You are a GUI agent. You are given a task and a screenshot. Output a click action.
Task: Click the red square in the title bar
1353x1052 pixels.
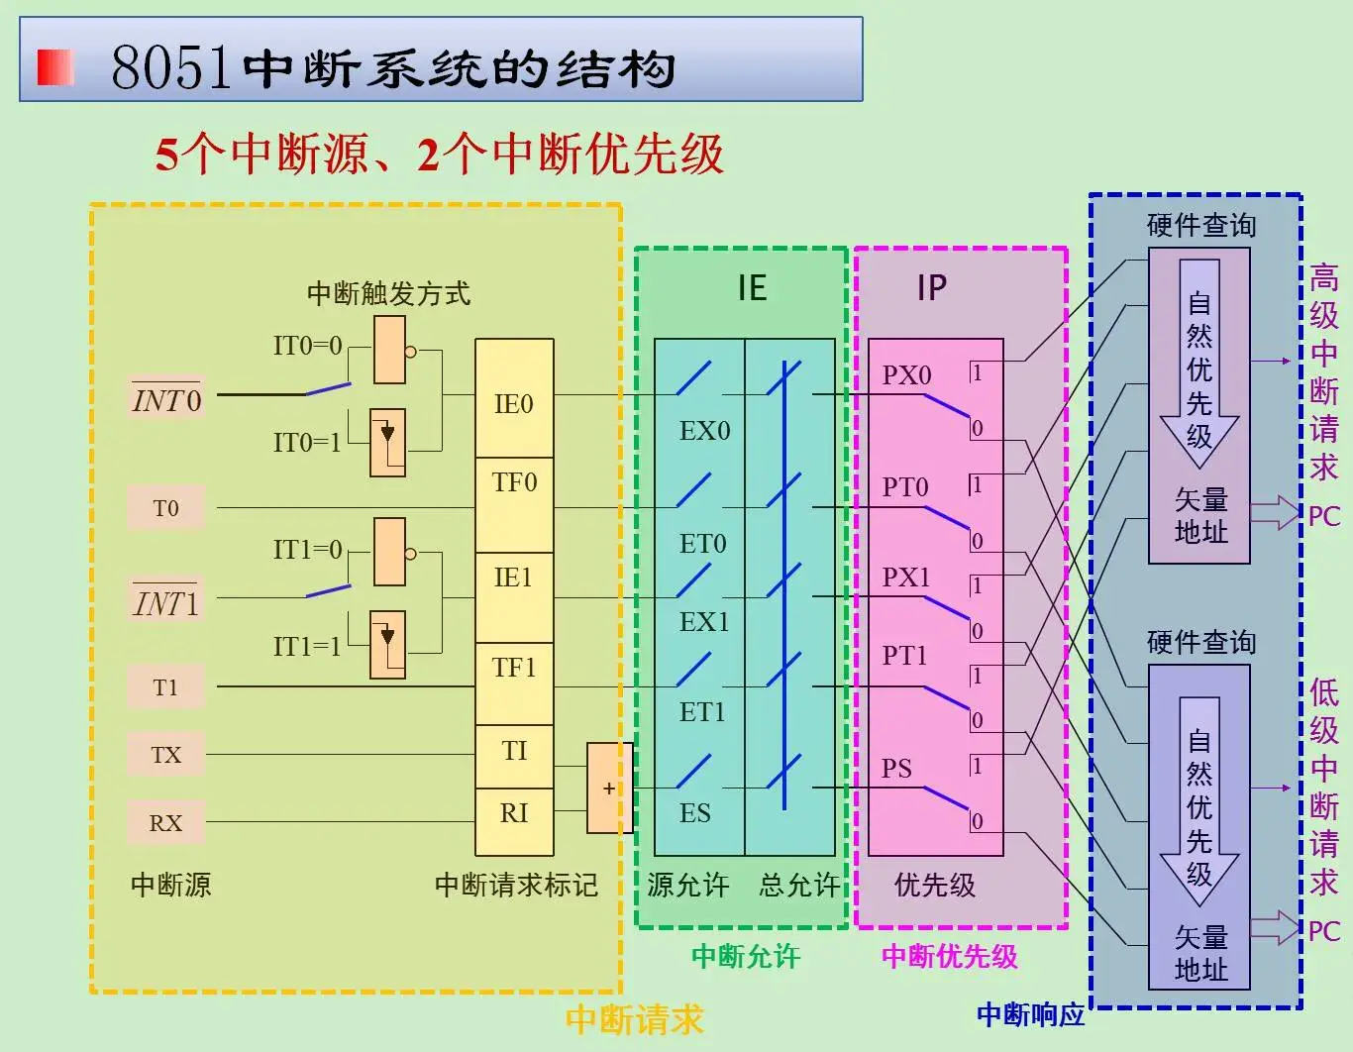point(55,67)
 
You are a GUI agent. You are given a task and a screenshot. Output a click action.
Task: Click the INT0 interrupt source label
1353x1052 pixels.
point(166,398)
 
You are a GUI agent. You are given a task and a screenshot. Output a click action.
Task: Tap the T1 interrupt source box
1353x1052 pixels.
point(165,687)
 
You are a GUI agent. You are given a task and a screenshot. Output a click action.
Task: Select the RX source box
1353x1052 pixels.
point(165,823)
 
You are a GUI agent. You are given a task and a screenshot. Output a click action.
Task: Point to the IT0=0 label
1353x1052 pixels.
point(308,346)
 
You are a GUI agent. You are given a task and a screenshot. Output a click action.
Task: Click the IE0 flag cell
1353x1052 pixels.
point(514,398)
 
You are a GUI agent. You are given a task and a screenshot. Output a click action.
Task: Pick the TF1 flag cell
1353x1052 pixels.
point(514,684)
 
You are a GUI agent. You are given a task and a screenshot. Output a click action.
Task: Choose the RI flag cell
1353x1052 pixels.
point(514,821)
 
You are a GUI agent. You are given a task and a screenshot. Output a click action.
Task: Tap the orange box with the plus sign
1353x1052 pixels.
point(609,788)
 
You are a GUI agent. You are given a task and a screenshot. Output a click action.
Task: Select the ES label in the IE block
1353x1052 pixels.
point(695,813)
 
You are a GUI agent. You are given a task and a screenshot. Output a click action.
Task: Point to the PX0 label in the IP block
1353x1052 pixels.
point(906,374)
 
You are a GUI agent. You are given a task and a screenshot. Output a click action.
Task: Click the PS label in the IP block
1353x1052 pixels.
point(896,768)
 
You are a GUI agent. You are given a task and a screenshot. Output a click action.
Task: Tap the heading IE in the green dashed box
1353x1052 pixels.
point(752,288)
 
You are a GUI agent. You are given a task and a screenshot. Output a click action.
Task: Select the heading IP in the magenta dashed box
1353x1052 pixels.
point(932,288)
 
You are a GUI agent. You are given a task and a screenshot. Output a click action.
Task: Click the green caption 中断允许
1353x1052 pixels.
point(746,957)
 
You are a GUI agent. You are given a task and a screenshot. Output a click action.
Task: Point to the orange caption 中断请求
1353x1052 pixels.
point(635,1019)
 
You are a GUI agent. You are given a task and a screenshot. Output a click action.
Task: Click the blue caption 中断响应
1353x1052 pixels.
point(1031,1014)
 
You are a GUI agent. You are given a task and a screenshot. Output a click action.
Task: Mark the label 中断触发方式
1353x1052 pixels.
point(388,294)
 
